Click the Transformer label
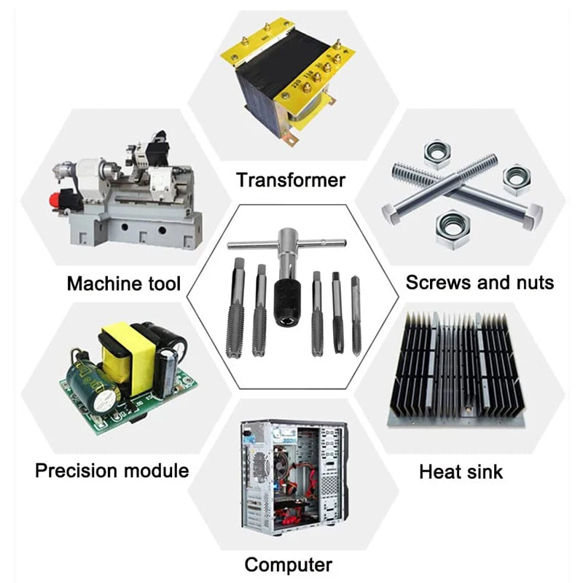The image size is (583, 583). coord(291,180)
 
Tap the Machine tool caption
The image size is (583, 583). coord(124,283)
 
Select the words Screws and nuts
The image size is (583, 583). coord(480,282)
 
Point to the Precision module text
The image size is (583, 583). coord(112,470)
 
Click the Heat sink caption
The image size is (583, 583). coord(461,472)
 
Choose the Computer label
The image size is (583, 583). coord(288,564)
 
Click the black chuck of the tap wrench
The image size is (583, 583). coord(287,303)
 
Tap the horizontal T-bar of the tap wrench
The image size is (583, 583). coord(286,243)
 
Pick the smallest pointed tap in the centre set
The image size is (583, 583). coord(356,316)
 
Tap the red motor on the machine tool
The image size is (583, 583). coord(61,201)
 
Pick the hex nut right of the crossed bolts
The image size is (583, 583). coord(517,179)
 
